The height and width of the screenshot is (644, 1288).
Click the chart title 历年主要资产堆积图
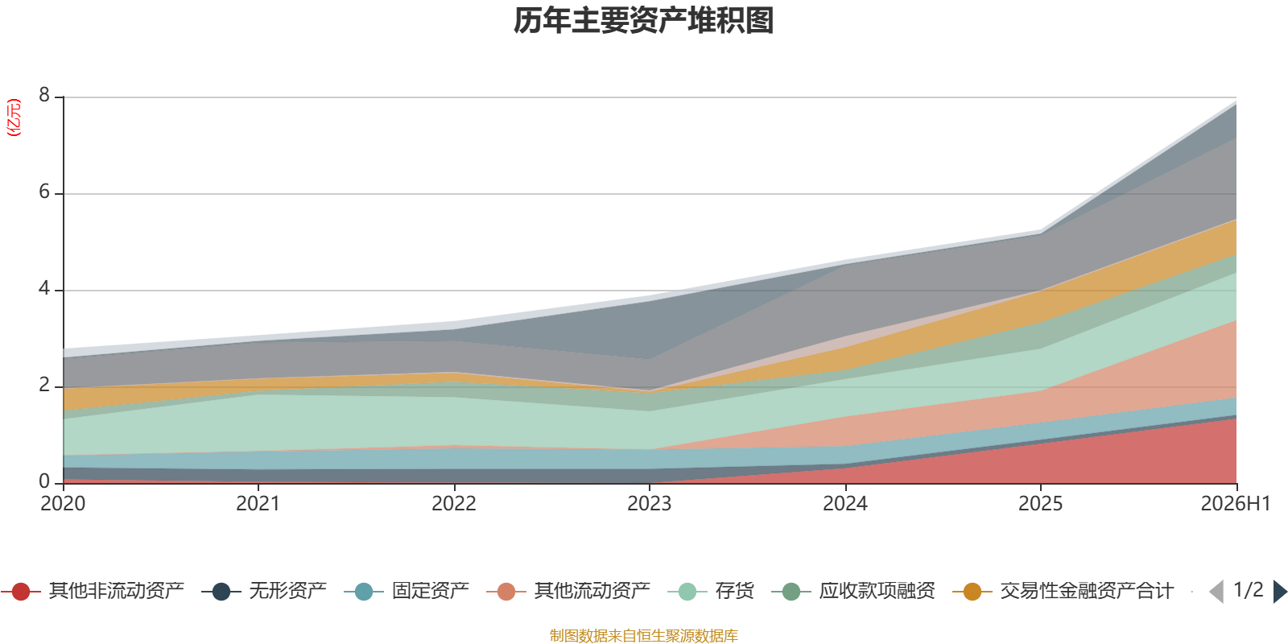coord(643,21)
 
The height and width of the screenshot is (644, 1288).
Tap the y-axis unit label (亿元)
coord(13,118)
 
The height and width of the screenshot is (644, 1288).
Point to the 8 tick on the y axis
coord(44,95)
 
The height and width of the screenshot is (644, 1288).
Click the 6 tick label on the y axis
coord(44,192)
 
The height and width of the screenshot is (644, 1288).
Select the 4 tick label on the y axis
coord(44,288)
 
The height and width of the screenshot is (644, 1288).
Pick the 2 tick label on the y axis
coord(44,385)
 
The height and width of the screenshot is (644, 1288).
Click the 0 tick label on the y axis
coord(44,481)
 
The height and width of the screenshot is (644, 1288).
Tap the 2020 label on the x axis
coord(63,504)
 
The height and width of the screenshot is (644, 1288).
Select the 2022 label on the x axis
coord(454,504)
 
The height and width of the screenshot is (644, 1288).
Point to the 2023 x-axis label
coord(649,504)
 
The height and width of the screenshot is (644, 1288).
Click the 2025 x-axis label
coord(1040,504)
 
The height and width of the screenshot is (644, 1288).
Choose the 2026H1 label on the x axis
coord(1235,504)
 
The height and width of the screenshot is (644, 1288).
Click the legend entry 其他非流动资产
coord(93,591)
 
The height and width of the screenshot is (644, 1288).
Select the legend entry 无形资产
coord(265,591)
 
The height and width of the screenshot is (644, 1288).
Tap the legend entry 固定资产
coord(407,591)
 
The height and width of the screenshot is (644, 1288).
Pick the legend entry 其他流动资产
coord(568,591)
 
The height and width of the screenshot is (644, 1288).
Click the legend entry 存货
coord(712,591)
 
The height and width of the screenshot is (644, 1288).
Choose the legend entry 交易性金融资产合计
coord(1063,591)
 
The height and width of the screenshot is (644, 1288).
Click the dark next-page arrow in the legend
coord(1279,591)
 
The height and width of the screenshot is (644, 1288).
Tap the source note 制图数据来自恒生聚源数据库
coord(643,635)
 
